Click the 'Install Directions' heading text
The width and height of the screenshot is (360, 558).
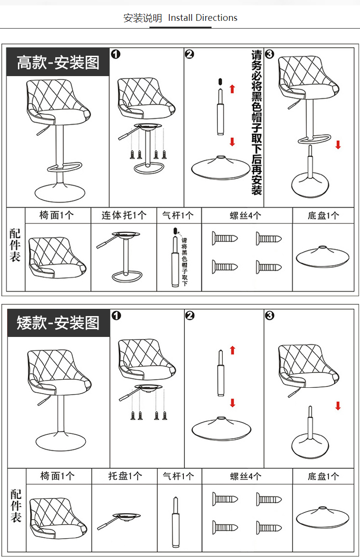pyautogui.click(x=202, y=18)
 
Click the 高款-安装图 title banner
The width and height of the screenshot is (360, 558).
pyautogui.click(x=58, y=62)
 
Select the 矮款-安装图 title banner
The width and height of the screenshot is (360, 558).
pyautogui.click(x=58, y=322)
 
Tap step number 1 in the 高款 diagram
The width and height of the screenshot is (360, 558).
pyautogui.click(x=115, y=54)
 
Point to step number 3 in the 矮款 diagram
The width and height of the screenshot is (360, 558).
pyautogui.click(x=270, y=316)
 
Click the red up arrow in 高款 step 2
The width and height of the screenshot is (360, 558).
pyautogui.click(x=232, y=89)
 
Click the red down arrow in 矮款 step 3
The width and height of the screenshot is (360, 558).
pyautogui.click(x=338, y=406)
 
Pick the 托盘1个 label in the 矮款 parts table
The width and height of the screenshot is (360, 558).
pyautogui.click(x=125, y=476)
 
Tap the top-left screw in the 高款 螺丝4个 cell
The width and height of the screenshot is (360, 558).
pyautogui.click(x=225, y=239)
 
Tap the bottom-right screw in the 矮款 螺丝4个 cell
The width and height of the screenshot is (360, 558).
pyautogui.click(x=269, y=527)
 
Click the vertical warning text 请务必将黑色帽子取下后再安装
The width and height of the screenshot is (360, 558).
pyautogui.click(x=256, y=121)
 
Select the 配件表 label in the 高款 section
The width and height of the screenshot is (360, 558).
pyautogui.click(x=16, y=245)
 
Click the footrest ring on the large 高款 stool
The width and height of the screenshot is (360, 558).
pyautogui.click(x=66, y=168)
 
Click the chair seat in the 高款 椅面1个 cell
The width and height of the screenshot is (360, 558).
pyautogui.click(x=56, y=257)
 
